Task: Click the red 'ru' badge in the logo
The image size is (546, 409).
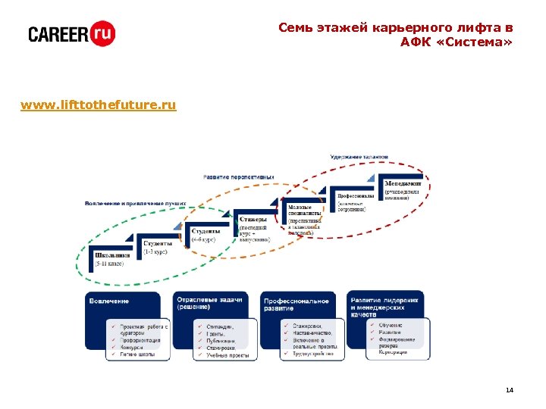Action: click(102, 33)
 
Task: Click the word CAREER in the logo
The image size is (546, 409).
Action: click(58, 34)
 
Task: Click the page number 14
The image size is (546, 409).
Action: click(509, 389)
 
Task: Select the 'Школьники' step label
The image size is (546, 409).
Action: click(112, 255)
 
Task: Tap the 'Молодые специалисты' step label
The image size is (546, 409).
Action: click(304, 210)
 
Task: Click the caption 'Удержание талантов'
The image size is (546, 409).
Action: click(359, 157)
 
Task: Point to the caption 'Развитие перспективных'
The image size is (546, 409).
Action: click(238, 176)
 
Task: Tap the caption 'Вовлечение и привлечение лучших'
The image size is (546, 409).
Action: click(135, 203)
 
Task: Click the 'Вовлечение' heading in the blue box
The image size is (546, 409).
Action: click(109, 301)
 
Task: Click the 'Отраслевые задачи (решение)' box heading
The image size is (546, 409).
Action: click(209, 303)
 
